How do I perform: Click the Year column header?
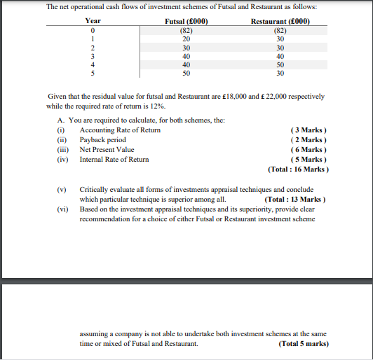point(93,22)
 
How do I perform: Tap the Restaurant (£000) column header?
point(280,22)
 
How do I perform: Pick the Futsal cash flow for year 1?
point(186,39)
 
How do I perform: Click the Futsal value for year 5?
point(186,73)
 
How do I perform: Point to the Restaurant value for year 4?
point(280,64)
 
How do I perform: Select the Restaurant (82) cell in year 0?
point(280,31)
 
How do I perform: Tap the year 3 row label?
point(93,56)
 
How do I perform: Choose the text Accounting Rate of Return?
point(120,130)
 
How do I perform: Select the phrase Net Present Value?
point(107,149)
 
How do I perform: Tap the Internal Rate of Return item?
point(114,159)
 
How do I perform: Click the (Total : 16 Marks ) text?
point(299,169)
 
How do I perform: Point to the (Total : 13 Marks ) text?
point(294,199)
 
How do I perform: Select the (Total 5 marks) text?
point(303,344)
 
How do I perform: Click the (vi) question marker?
point(63,209)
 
